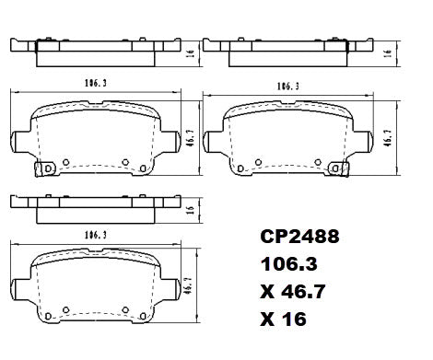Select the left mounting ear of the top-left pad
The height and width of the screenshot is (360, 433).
21,140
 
